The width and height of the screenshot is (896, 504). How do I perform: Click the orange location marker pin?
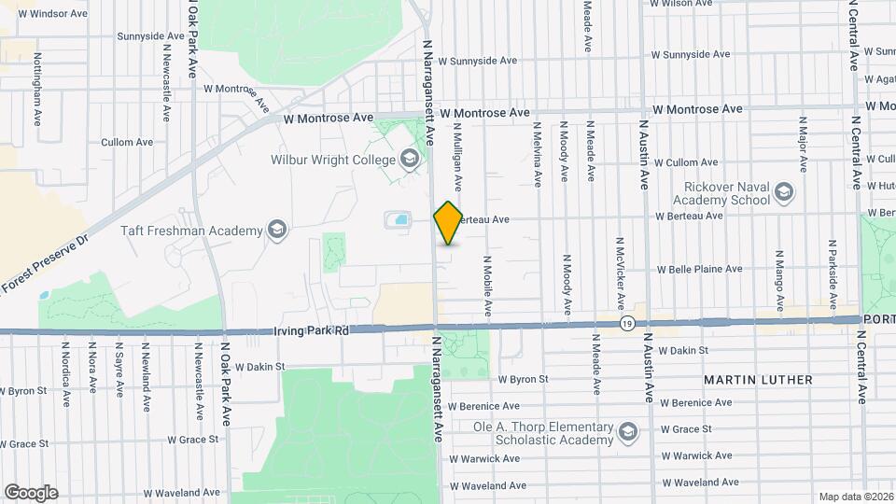click(448, 223)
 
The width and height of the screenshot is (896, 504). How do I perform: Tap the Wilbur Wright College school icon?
click(409, 160)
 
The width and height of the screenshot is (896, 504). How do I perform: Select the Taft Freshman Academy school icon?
click(276, 230)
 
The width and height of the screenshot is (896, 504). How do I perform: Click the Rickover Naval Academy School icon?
click(784, 193)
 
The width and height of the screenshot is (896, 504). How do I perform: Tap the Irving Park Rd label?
click(311, 330)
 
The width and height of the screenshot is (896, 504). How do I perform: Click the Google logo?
click(31, 491)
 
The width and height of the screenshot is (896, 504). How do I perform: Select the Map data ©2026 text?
click(856, 497)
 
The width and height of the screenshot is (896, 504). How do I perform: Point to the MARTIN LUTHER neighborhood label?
click(758, 380)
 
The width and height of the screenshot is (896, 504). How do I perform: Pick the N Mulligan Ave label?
click(458, 154)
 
